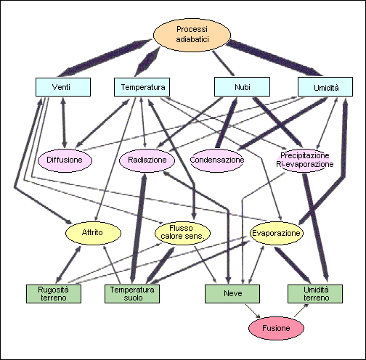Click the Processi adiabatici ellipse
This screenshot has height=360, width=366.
click(x=192, y=35)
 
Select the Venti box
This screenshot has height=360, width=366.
click(x=63, y=87)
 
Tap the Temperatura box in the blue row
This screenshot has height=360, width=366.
click(x=142, y=87)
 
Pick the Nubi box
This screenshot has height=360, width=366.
click(x=242, y=87)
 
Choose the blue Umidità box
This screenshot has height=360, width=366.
click(x=325, y=87)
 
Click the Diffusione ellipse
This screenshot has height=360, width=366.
click(x=65, y=160)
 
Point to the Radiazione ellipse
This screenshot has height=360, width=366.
click(x=147, y=160)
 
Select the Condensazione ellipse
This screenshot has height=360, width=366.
click(x=217, y=160)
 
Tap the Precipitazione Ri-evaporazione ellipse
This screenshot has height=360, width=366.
click(x=305, y=160)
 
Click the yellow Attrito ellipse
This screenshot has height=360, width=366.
click(x=93, y=233)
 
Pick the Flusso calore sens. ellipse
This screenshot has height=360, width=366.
click(x=182, y=232)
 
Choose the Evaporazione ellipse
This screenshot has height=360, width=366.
click(x=276, y=233)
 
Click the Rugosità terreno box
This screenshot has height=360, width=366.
click(x=54, y=294)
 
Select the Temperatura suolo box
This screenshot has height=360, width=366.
click(x=132, y=294)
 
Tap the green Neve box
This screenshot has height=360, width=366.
click(x=232, y=294)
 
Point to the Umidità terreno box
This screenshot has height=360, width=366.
click(x=315, y=294)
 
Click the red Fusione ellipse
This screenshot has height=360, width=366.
click(x=276, y=328)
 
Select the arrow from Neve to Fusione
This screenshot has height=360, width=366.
click(x=253, y=311)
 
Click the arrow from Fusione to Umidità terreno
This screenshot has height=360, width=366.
click(x=301, y=311)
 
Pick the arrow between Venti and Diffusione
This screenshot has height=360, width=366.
click(x=64, y=123)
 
